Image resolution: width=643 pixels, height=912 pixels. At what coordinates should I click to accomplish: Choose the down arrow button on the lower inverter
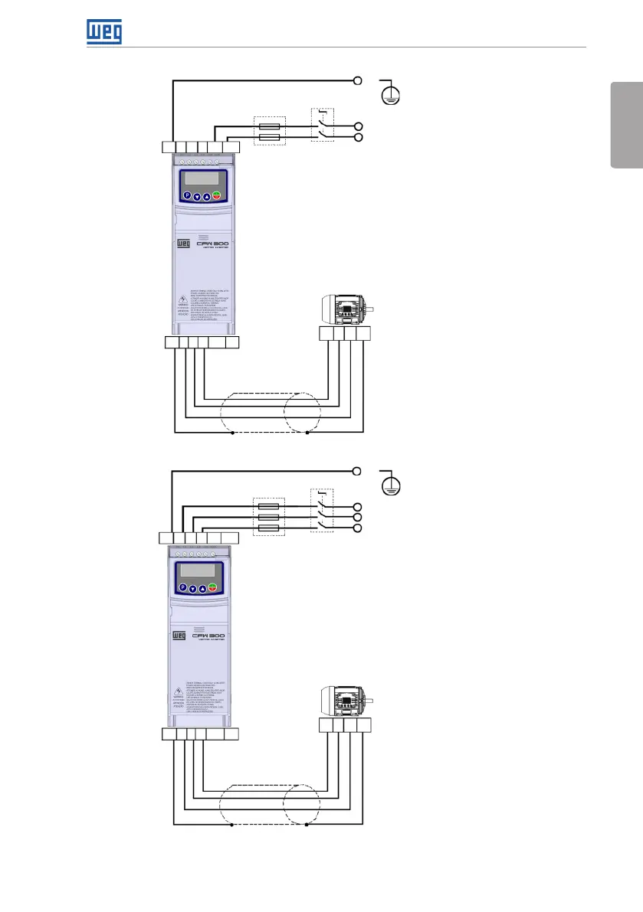point(193,588)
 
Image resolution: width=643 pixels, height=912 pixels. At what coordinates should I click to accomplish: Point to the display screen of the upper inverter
point(201,178)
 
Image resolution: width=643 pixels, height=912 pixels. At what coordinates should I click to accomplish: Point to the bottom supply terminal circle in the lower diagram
point(358,528)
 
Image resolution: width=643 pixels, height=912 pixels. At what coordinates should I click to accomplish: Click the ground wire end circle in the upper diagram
point(358,80)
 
